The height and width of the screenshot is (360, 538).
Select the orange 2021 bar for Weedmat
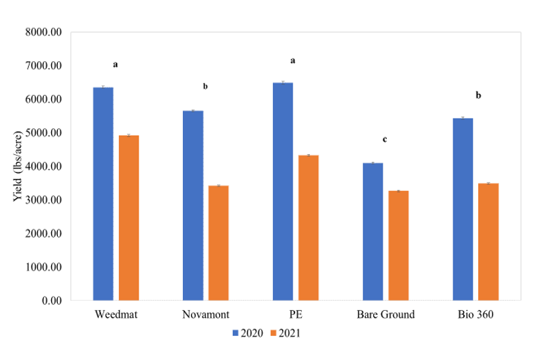click(128, 218)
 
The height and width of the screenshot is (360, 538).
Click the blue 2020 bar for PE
click(283, 192)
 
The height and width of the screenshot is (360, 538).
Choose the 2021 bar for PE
click(309, 228)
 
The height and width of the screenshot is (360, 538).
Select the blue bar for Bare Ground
click(373, 231)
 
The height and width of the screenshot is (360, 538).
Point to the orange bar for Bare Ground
click(398, 246)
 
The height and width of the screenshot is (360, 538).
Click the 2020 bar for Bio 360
click(463, 209)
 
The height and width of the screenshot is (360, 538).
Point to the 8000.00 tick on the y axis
click(43, 32)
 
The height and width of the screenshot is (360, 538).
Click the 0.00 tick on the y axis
click(51, 301)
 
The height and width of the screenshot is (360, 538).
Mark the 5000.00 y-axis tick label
click(43, 133)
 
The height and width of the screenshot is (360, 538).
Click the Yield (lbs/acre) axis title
click(17, 166)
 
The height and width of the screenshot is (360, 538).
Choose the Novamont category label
click(205, 315)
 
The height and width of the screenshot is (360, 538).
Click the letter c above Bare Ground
click(385, 140)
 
